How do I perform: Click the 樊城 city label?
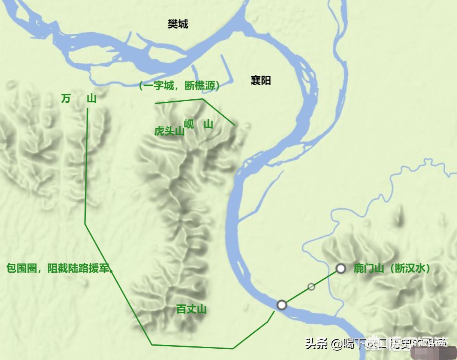click(178, 24)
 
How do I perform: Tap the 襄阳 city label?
click(261, 81)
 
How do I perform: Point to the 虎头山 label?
click(169, 131)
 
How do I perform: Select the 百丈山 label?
click(191, 310)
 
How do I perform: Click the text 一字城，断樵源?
click(179, 86)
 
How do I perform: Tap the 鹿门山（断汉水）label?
click(392, 268)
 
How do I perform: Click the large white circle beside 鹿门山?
click(341, 268)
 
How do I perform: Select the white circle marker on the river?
click(282, 305)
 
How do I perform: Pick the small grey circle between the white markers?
click(311, 287)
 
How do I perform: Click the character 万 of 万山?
click(66, 99)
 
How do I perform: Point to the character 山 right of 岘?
click(209, 125)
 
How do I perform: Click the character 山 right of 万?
click(92, 99)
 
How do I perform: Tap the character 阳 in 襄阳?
click(266, 81)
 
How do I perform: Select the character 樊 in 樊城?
click(173, 24)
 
